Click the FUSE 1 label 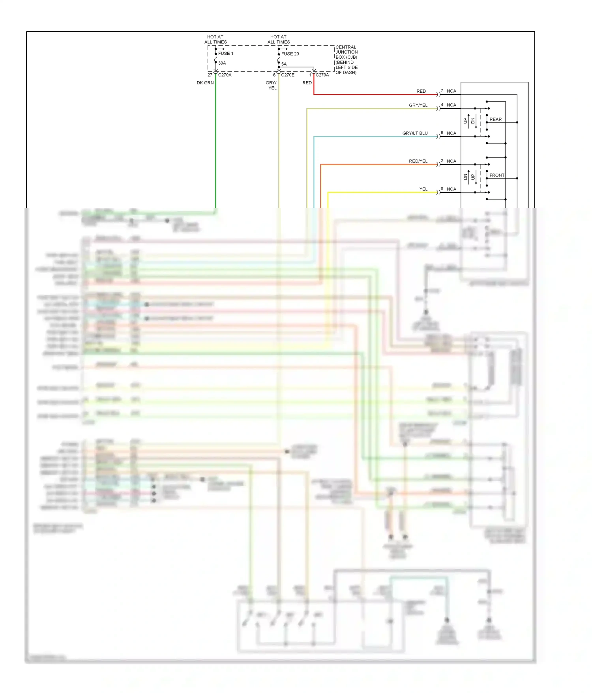(226, 54)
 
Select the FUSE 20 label (290, 54)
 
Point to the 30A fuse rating (222, 63)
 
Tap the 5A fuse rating (284, 64)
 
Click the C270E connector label (288, 75)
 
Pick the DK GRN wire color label (205, 83)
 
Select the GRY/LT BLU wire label (415, 133)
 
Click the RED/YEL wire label (418, 161)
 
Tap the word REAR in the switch (495, 119)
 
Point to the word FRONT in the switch (497, 175)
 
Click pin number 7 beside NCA (442, 91)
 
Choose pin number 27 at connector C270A (210, 75)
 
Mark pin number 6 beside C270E (274, 75)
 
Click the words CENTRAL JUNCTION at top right (346, 50)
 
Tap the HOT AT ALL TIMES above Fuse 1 (215, 39)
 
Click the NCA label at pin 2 (451, 161)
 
